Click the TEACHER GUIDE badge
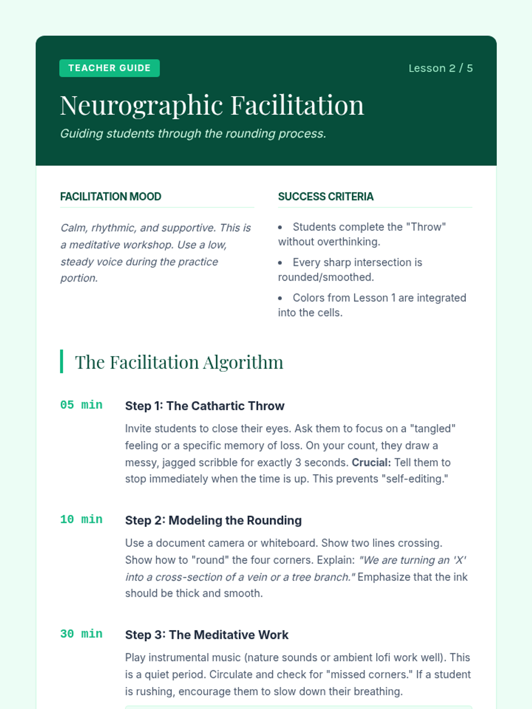click(110, 68)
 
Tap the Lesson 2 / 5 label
click(440, 68)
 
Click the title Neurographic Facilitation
click(212, 105)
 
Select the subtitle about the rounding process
click(193, 133)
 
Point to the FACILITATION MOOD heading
click(111, 196)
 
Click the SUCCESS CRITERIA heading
click(326, 196)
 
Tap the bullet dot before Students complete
click(280, 227)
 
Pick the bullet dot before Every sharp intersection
click(280, 263)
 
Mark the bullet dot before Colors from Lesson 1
click(280, 298)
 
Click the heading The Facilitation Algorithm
click(179, 362)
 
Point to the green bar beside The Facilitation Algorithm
click(62, 362)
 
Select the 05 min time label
click(82, 405)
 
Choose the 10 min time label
click(82, 519)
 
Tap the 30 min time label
click(82, 634)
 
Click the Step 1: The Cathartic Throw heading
click(205, 406)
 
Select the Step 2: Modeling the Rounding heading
click(213, 520)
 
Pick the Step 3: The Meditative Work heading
click(207, 635)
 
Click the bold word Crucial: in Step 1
click(372, 463)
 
